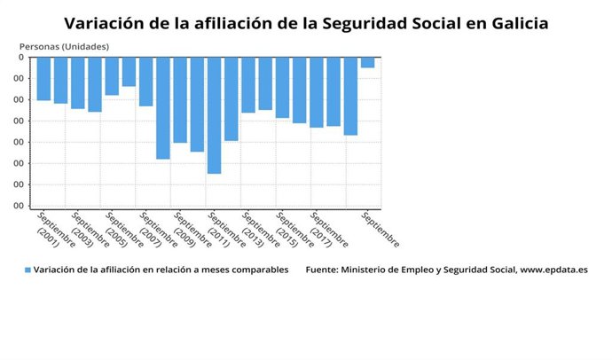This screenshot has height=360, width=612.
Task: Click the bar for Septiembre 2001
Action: tap(43, 79)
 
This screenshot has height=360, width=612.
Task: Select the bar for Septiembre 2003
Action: tap(78, 83)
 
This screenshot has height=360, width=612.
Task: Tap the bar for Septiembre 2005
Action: tap(112, 76)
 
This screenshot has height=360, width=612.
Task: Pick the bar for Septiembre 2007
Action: tap(146, 82)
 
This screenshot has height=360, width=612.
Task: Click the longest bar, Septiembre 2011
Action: tap(214, 115)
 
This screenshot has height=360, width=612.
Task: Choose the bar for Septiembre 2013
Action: tap(248, 85)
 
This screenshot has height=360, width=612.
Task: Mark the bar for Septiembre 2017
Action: tap(317, 92)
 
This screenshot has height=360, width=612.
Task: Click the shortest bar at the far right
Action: tap(367, 62)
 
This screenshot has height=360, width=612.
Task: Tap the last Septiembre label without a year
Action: tap(380, 229)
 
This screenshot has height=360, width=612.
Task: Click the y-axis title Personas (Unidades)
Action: tap(64, 45)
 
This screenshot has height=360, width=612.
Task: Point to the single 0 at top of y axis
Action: tap(20, 58)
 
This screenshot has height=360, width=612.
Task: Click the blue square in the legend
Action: tap(27, 270)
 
